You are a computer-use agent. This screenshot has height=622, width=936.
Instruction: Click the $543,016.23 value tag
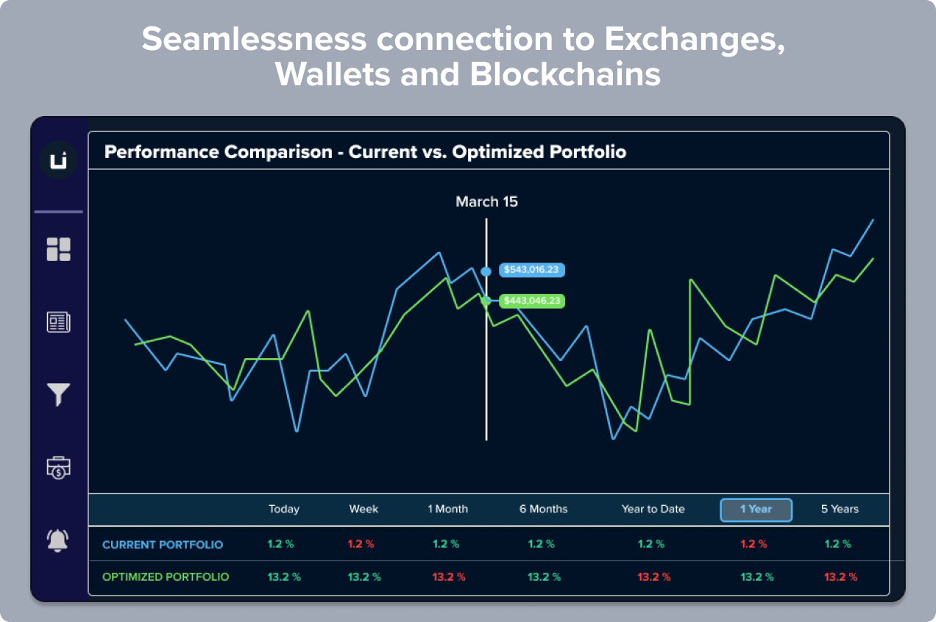pyautogui.click(x=531, y=270)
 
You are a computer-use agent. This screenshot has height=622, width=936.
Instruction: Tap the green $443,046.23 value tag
pyautogui.click(x=531, y=301)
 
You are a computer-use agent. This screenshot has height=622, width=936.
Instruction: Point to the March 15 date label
pyautogui.click(x=486, y=201)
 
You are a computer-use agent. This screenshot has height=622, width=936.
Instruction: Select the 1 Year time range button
pyautogui.click(x=756, y=510)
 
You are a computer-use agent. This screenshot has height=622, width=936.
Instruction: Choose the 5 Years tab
pyautogui.click(x=840, y=509)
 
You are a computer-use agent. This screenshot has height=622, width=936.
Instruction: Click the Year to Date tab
pyautogui.click(x=653, y=509)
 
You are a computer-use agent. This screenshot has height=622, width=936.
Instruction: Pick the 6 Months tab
pyautogui.click(x=543, y=509)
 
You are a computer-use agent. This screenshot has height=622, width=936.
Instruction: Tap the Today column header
pyautogui.click(x=284, y=510)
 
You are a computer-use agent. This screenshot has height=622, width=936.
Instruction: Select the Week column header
pyautogui.click(x=364, y=509)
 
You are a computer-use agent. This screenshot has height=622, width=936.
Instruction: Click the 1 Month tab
pyautogui.click(x=447, y=509)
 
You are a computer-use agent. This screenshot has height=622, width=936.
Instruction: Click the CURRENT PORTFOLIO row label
pyautogui.click(x=163, y=545)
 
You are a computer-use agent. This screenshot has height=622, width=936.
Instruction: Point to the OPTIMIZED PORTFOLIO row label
pyautogui.click(x=166, y=577)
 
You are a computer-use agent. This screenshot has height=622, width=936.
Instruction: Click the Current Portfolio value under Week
pyautogui.click(x=361, y=544)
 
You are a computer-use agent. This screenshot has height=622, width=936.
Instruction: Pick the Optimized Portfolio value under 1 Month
pyautogui.click(x=449, y=577)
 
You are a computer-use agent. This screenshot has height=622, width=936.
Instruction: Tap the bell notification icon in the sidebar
pyautogui.click(x=57, y=540)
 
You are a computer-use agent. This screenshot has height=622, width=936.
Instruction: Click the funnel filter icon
pyautogui.click(x=59, y=395)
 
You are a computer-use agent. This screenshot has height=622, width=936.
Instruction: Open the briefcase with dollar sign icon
pyautogui.click(x=59, y=468)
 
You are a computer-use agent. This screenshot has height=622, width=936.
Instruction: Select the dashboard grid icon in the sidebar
pyautogui.click(x=59, y=249)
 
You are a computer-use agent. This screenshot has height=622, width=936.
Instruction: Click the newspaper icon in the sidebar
pyautogui.click(x=59, y=322)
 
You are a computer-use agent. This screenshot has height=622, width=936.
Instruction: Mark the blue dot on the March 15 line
pyautogui.click(x=486, y=272)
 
